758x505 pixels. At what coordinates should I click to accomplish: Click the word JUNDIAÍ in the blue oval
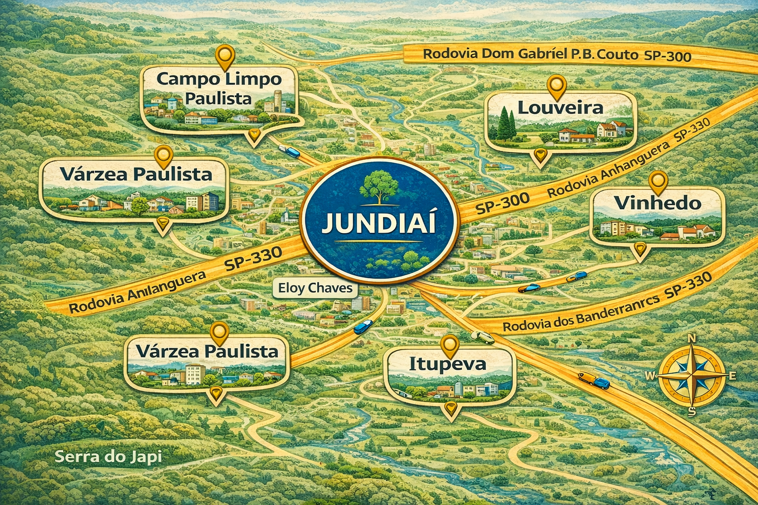coord(379,223)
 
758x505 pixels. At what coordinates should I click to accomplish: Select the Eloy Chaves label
coord(315,288)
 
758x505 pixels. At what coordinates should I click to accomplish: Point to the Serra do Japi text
coord(108,456)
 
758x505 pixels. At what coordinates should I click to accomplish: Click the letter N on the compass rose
coord(692,338)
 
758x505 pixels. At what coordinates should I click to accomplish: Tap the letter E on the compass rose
coord(732,376)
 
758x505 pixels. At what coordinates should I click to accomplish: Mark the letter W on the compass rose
coord(650,376)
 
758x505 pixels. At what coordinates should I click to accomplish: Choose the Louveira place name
coord(560,108)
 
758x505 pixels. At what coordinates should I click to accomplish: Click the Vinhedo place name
coord(657,203)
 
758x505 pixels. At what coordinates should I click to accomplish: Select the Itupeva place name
coord(448,364)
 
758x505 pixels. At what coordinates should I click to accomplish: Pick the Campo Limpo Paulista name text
coord(219,89)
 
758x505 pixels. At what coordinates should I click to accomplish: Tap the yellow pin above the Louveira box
coord(557,86)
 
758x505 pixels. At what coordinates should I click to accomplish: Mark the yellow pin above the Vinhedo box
coord(659,181)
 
